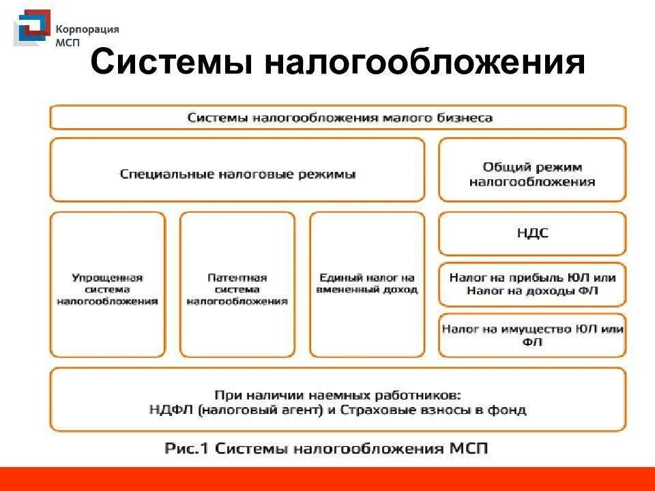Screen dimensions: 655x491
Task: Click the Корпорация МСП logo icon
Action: (x=31, y=29)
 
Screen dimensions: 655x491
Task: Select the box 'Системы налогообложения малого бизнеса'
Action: (x=338, y=117)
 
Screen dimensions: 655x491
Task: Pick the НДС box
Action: (x=532, y=233)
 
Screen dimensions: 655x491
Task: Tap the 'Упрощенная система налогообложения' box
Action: (x=107, y=284)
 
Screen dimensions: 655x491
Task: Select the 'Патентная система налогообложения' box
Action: (x=237, y=284)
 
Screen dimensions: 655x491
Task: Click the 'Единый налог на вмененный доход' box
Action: (x=367, y=284)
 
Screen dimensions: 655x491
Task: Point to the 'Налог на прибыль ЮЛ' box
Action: (x=532, y=284)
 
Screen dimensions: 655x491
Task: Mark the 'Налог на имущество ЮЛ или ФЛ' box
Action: (x=532, y=335)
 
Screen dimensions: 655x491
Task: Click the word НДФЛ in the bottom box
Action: (x=169, y=410)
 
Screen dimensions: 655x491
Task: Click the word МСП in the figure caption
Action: (x=466, y=449)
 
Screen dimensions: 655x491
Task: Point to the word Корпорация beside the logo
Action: (x=87, y=29)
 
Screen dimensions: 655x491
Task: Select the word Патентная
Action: (x=237, y=278)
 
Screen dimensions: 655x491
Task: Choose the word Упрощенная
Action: (x=107, y=278)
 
